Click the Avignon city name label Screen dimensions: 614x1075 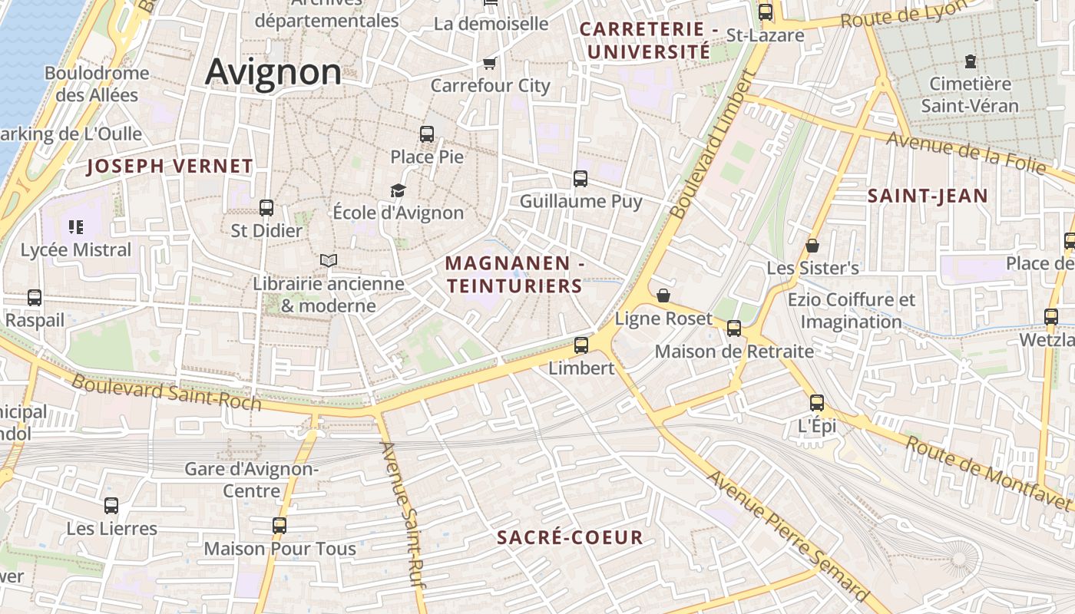point(273,71)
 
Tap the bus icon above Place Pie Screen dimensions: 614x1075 point(427,134)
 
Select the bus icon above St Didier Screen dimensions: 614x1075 point(266,207)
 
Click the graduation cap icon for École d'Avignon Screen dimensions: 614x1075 point(398,190)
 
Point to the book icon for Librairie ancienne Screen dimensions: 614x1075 point(329,261)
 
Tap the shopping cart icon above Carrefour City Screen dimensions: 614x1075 point(489,62)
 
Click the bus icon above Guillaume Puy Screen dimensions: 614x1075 point(580,179)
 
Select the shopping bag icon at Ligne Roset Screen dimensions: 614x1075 point(663,295)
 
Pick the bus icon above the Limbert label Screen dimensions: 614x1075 point(581,345)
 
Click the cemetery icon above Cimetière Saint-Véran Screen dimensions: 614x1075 point(971,61)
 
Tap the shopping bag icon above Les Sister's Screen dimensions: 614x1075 point(812,246)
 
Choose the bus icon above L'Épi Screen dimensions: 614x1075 point(817,403)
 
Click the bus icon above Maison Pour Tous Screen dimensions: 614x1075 point(279,526)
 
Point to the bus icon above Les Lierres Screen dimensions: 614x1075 point(111,506)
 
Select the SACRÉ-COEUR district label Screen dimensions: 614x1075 point(570,537)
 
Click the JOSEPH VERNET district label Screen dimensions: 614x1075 point(170,166)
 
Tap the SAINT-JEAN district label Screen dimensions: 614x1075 point(928,196)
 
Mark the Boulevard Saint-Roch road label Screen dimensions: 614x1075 point(167,392)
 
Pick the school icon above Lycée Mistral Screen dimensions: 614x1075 point(75,226)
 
